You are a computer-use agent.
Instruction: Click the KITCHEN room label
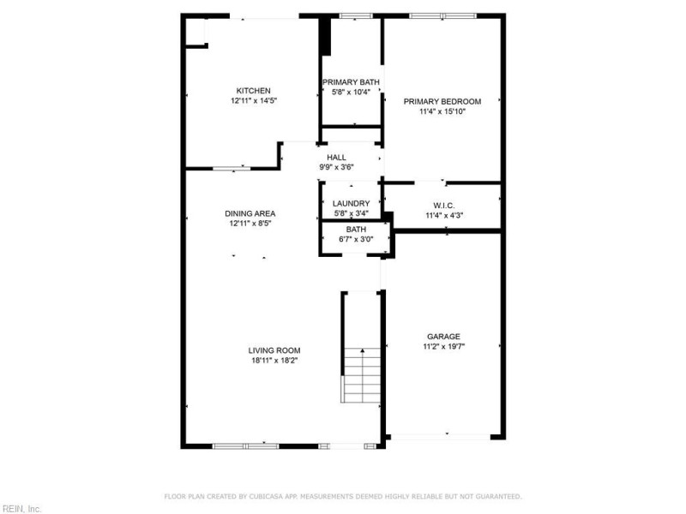pos(253,91)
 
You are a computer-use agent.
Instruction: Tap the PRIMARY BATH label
pos(350,82)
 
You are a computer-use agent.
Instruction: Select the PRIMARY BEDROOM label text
pos(442,101)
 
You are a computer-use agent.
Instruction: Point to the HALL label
pos(336,158)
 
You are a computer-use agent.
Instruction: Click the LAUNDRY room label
pos(350,204)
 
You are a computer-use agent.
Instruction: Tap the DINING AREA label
pos(250,213)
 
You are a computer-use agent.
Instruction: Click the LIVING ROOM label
pos(274,350)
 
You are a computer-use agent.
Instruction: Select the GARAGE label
pos(443,337)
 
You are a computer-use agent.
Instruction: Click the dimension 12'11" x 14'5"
pos(253,101)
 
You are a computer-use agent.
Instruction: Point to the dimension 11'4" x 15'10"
pos(442,111)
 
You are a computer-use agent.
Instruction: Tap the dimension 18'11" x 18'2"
pos(274,361)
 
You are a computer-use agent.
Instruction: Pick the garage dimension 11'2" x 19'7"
pos(443,347)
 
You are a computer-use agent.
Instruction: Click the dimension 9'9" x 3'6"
pos(336,167)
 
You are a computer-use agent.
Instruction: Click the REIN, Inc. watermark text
pos(21,508)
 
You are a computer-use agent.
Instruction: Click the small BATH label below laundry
pos(355,230)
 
